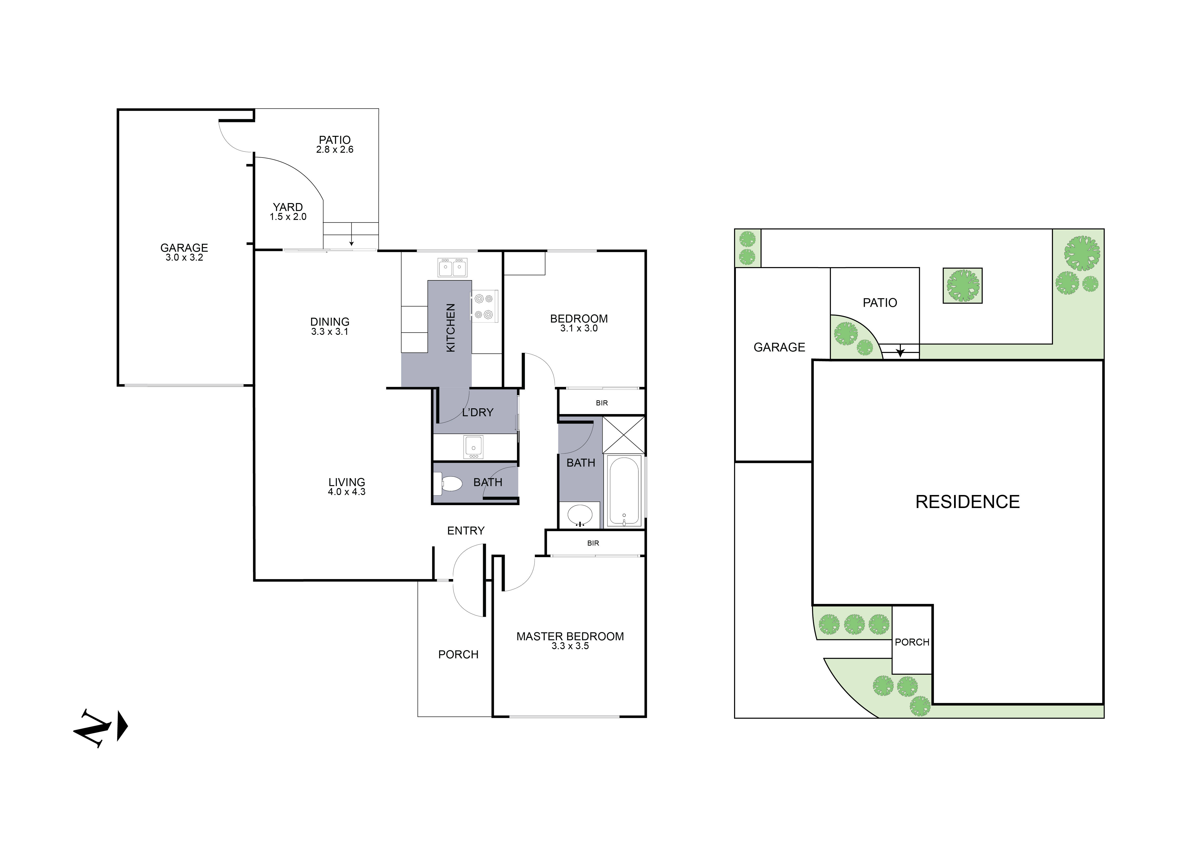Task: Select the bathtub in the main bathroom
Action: (x=624, y=491)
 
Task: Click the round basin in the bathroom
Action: (x=579, y=515)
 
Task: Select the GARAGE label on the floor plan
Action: (x=184, y=248)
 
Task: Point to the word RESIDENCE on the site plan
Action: (x=967, y=502)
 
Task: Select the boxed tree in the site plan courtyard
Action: (x=962, y=286)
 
